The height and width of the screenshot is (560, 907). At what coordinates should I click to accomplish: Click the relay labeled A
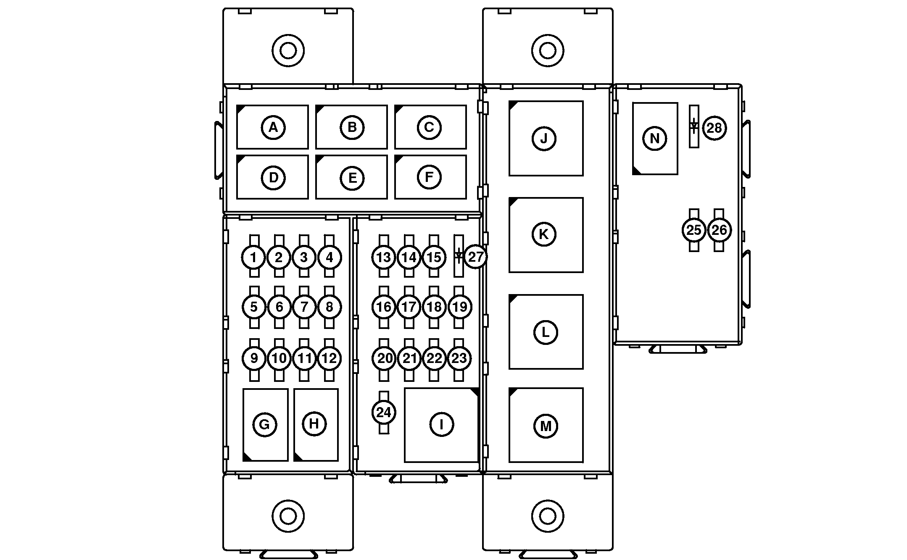pos(272,127)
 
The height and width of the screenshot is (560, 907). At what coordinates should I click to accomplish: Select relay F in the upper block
pos(430,177)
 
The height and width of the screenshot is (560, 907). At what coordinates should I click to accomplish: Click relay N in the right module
pos(655,138)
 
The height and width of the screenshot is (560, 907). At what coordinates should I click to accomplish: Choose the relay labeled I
pos(441,425)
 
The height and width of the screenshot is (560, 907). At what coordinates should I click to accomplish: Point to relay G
pos(265,425)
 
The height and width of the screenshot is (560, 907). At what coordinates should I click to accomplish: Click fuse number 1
pos(253,257)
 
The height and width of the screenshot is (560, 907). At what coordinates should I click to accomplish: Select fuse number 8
pos(330,307)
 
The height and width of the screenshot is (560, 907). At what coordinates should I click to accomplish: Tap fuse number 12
pos(330,359)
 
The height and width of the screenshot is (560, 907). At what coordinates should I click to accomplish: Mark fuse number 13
pos(383,257)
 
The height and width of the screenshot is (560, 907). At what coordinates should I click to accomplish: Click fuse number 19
pos(459,307)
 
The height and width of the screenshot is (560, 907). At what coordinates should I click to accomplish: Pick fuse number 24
pos(384,413)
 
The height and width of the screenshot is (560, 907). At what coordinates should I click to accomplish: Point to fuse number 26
pos(719,230)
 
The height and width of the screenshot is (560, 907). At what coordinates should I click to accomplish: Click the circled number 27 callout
pos(476,257)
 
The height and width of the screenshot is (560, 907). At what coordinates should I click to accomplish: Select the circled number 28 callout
pos(715,127)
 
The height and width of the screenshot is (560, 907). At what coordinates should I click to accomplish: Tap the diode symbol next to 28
pos(694,126)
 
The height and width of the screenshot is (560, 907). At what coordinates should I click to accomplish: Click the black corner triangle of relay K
pos(513,201)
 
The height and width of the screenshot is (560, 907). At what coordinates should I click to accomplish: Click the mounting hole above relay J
pos(547,51)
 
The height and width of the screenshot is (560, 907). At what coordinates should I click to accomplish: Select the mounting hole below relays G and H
pos(288,515)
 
